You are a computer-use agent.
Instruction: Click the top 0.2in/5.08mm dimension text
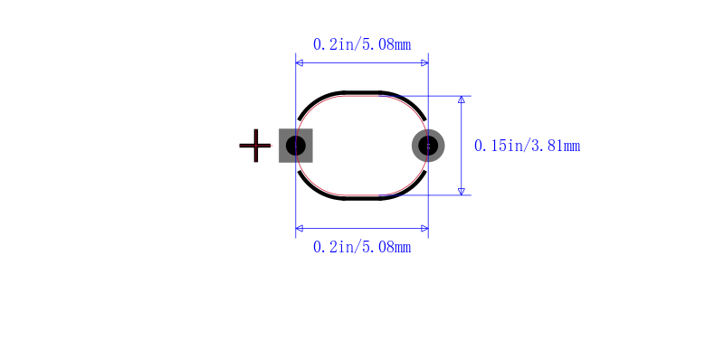point(362,44)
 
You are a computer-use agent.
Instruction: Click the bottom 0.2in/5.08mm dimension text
point(362,247)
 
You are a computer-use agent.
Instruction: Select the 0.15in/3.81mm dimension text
point(527,146)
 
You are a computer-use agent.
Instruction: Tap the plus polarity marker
point(255,146)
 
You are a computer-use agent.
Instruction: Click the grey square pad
point(296,146)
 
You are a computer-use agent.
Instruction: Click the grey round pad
point(428,146)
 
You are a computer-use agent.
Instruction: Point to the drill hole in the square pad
point(296,146)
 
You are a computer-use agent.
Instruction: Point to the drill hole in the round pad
point(428,146)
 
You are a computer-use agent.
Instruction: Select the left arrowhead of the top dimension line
point(300,62)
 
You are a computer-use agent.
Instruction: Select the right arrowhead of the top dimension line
point(424,62)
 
